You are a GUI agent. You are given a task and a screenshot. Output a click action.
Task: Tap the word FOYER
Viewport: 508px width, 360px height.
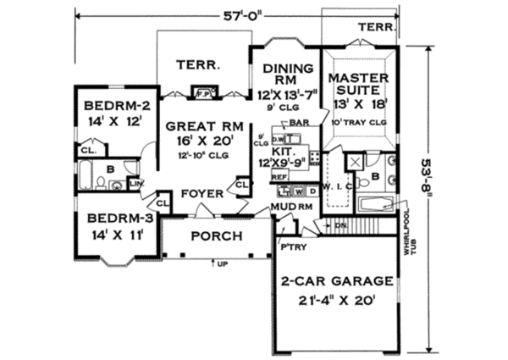pyautogui.click(x=206, y=193)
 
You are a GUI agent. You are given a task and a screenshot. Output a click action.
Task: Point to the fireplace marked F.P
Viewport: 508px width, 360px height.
pyautogui.click(x=202, y=91)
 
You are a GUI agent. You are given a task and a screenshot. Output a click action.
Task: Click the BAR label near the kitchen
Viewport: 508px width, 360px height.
pyautogui.click(x=297, y=123)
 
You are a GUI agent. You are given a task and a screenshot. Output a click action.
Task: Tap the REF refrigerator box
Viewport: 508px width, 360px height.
pyautogui.click(x=280, y=176)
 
